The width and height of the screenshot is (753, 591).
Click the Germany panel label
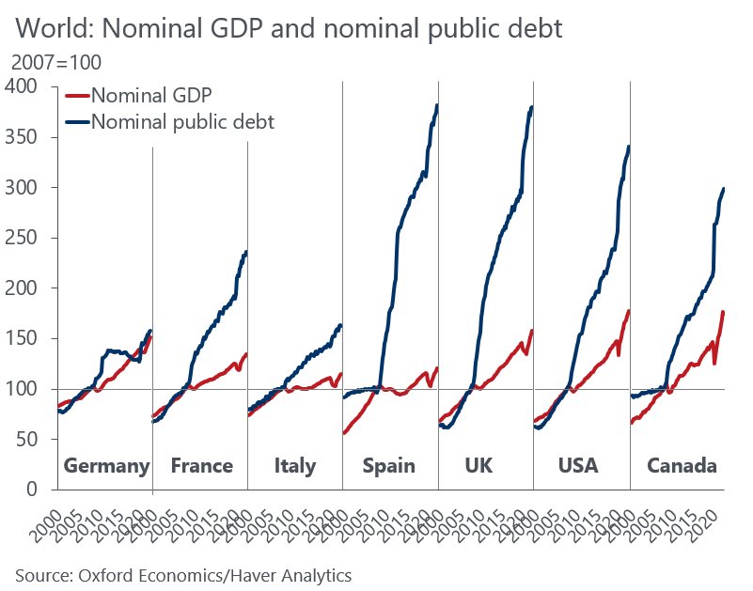pos(106,466)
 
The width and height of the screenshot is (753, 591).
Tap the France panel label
pos(202,466)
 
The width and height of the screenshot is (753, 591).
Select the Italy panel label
pos(295,466)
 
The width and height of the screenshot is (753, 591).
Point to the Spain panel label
pos(389,466)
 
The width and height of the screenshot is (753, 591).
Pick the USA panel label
pos(577,466)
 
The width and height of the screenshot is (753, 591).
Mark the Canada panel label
pos(682,466)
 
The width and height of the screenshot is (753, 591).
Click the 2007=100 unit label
pos(55,63)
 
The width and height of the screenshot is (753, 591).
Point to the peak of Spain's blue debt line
pos(437,105)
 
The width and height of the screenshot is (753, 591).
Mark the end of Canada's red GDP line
pos(724,311)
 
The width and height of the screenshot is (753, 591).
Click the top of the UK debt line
pos(532,107)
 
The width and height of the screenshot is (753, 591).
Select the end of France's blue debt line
pos(246,251)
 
